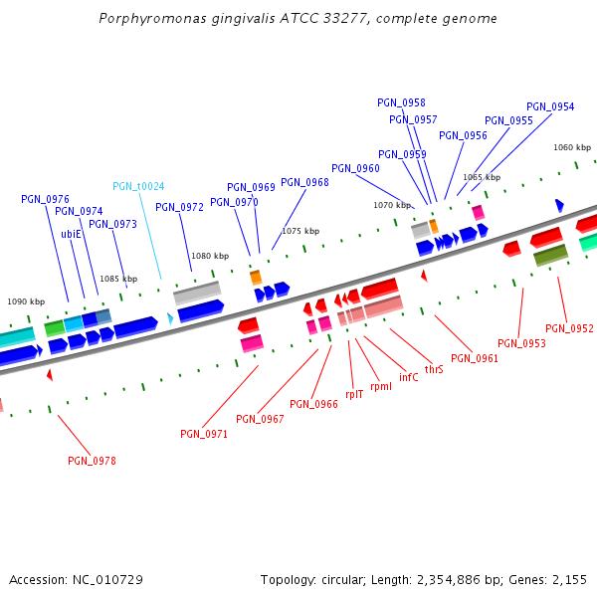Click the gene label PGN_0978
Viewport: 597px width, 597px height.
(x=92, y=461)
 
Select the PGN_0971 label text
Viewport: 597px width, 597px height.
(x=204, y=434)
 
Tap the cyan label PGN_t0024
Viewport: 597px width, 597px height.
(x=138, y=186)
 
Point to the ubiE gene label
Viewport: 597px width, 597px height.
(x=71, y=234)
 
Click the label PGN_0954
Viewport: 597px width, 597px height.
(x=550, y=106)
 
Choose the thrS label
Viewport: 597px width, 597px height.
(x=434, y=369)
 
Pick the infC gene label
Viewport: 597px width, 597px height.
(x=409, y=377)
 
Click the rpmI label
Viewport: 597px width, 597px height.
(x=381, y=386)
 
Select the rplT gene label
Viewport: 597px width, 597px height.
(x=354, y=394)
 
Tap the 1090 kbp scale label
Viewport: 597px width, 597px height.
(x=26, y=300)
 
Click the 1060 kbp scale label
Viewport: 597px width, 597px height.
(x=572, y=147)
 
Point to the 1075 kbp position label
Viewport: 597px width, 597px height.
(x=300, y=231)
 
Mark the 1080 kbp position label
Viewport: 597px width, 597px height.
(x=210, y=256)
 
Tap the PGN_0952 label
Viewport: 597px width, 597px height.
(x=569, y=328)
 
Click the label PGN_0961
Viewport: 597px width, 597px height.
(x=475, y=358)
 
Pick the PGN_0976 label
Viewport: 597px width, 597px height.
(x=45, y=199)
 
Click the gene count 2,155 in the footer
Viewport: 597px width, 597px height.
(x=569, y=579)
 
